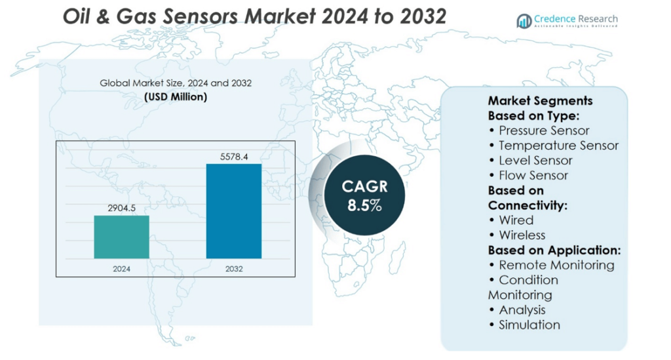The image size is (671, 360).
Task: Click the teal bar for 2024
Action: pyautogui.click(x=121, y=237)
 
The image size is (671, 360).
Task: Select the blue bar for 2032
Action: pyautogui.click(x=234, y=211)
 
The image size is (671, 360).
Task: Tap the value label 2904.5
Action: pyautogui.click(x=121, y=208)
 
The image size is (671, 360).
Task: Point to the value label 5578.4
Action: pyautogui.click(x=234, y=156)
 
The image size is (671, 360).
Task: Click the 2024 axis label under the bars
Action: pyautogui.click(x=121, y=269)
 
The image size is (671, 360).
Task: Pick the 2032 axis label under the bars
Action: pyautogui.click(x=234, y=269)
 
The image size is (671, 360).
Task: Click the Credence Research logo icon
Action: pyautogui.click(x=524, y=21)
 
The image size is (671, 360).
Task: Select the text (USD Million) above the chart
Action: pyautogui.click(x=176, y=97)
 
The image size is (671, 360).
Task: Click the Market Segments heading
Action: pyautogui.click(x=540, y=100)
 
